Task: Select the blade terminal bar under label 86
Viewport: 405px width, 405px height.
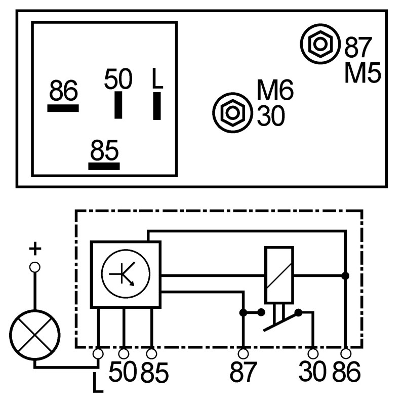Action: click(x=63, y=108)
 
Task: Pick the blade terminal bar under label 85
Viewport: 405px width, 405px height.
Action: click(x=104, y=166)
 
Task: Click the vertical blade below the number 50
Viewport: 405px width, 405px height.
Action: click(x=118, y=105)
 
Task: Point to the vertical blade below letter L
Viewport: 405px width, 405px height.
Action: click(x=157, y=105)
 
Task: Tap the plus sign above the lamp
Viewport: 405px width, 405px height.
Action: click(x=34, y=249)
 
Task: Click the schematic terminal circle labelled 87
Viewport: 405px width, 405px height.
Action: click(x=243, y=353)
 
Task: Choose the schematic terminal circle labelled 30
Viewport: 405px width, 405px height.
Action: click(x=313, y=353)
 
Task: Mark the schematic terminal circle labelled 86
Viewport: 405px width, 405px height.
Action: click(x=346, y=353)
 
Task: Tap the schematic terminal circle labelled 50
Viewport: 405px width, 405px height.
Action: click(x=124, y=353)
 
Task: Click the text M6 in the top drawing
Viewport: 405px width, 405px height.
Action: click(x=275, y=91)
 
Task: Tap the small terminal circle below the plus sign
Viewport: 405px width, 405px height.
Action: click(x=34, y=267)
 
